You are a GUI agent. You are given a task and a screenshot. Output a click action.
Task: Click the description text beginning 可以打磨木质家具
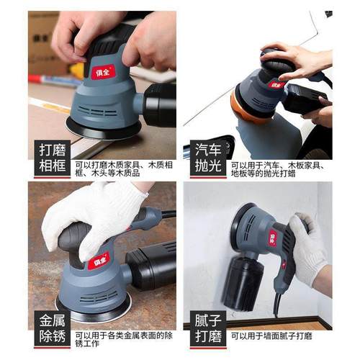(x=122, y=168)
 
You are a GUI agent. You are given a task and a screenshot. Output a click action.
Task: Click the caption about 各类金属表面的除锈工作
(x=122, y=337)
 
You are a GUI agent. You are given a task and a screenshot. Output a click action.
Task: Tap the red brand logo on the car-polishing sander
(x=276, y=84)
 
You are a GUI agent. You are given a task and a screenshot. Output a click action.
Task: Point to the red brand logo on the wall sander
(x=273, y=237)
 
